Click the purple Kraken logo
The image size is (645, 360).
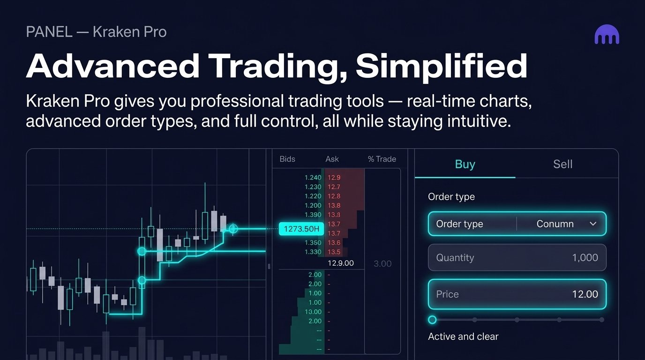(x=607, y=36)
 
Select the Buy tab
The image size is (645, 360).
(x=465, y=164)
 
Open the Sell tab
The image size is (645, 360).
(x=562, y=164)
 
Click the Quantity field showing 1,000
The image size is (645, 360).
(x=517, y=257)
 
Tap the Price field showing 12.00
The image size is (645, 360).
(x=517, y=294)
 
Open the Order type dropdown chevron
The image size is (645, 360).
(x=593, y=224)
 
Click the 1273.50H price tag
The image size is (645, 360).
(x=301, y=229)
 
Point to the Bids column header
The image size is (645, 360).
(x=287, y=159)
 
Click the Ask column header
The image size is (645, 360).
(x=332, y=159)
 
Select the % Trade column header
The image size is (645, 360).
(x=382, y=159)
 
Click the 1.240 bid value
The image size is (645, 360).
(x=313, y=178)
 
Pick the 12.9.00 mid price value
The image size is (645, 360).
(x=341, y=263)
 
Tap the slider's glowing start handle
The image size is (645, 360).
(x=432, y=320)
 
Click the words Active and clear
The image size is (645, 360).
(x=463, y=337)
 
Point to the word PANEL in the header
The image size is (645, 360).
(x=49, y=32)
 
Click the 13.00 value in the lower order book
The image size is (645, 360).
(x=313, y=312)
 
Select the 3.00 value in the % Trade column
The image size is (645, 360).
(x=382, y=264)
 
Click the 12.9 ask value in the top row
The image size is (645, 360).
(x=334, y=178)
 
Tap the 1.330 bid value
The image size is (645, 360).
(x=313, y=252)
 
